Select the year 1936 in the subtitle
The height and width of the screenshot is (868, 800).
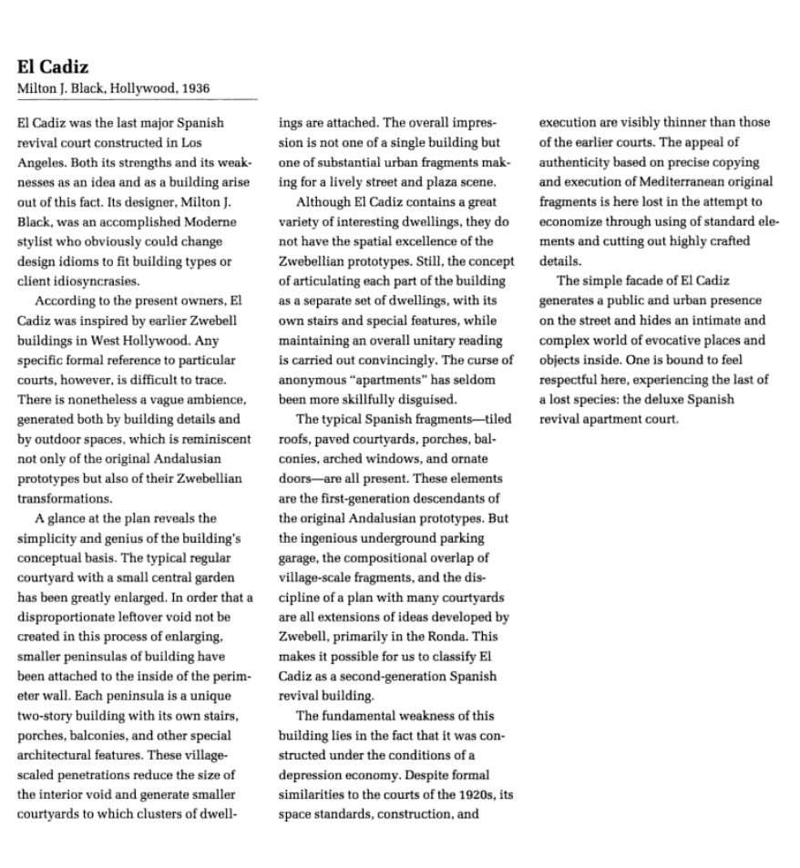tap(194, 88)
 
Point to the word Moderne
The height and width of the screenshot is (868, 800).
tap(210, 221)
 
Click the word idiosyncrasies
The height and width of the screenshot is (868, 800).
tap(97, 281)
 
